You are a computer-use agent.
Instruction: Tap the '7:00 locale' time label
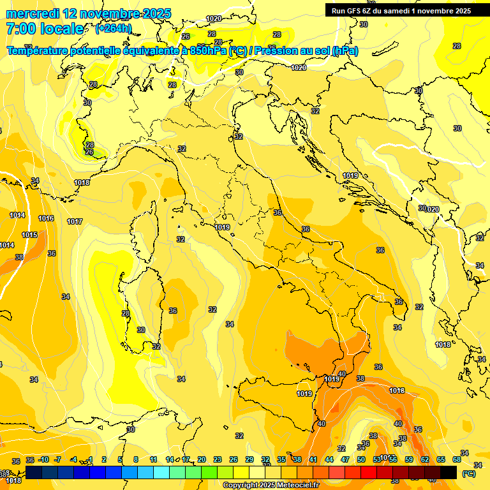point(45,29)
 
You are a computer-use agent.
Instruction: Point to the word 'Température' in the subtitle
point(38,51)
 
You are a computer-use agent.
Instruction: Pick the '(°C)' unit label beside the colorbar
point(468,473)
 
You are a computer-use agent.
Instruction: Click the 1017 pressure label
point(75,221)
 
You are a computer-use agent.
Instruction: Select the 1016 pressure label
point(46,218)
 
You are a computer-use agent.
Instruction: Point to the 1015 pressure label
point(29,235)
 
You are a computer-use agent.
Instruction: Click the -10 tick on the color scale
point(43,459)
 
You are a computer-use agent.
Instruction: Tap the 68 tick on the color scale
point(457,459)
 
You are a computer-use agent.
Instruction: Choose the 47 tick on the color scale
point(345,459)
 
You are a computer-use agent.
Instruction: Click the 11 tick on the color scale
point(153,459)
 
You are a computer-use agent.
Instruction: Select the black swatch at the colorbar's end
point(449,472)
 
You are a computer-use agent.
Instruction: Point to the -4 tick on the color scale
point(73,459)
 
